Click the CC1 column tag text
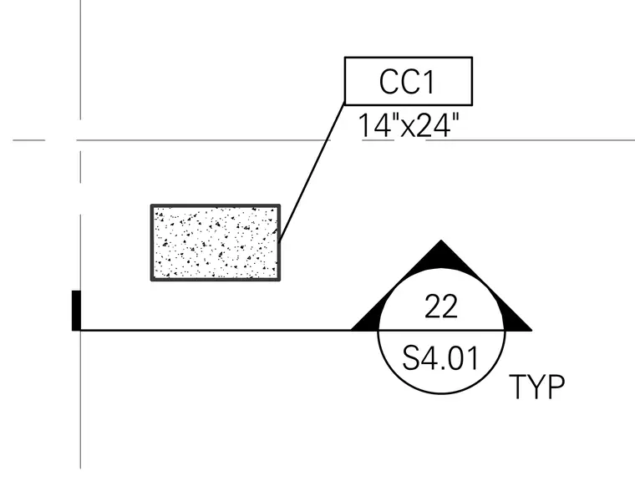(407, 82)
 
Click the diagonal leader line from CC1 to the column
(312, 174)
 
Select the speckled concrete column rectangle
(216, 242)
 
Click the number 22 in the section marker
(441, 306)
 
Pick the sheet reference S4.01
(440, 358)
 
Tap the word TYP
(536, 387)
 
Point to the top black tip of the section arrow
(441, 240)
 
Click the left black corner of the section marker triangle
(352, 330)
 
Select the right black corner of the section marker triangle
(531, 330)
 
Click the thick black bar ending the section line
(76, 311)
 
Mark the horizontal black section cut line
(216, 331)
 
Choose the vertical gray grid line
(80, 235)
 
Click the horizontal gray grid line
(324, 140)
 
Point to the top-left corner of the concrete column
(151, 205)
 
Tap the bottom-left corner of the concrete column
(151, 280)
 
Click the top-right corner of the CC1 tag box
(472, 58)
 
